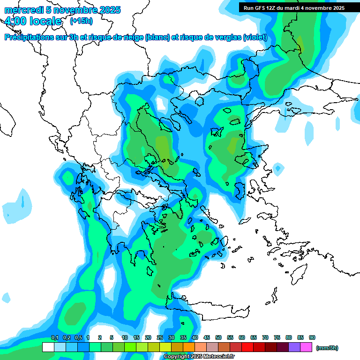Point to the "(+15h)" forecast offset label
click(81, 21)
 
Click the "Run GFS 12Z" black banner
click(293, 7)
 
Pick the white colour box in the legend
click(48, 347)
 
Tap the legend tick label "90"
click(312, 337)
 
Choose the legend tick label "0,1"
click(54, 337)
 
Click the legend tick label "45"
click(207, 337)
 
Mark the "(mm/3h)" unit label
click(327, 348)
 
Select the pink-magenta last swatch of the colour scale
click(306, 347)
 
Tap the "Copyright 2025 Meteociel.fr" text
click(199, 357)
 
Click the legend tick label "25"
click(160, 337)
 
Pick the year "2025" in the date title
click(109, 10)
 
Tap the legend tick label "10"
click(125, 337)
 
